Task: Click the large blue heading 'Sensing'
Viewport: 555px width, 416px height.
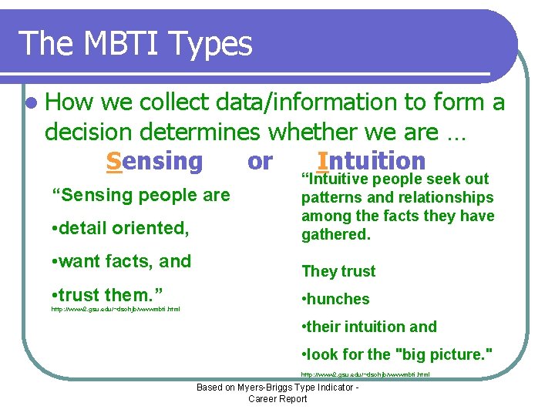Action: click(154, 161)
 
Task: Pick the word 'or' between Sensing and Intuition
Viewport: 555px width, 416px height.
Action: click(260, 161)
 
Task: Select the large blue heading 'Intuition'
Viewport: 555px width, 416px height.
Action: click(371, 161)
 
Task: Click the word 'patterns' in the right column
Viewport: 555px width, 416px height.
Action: click(330, 197)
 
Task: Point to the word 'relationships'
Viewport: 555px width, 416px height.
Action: click(450, 197)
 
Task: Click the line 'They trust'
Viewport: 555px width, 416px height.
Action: click(338, 271)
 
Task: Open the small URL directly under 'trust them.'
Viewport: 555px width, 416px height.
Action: click(116, 309)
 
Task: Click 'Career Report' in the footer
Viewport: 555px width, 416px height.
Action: click(277, 398)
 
